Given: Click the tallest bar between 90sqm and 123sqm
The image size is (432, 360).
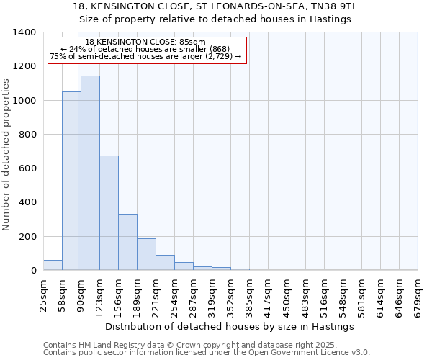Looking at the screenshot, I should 90,173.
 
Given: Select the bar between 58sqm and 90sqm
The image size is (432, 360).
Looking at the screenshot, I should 71,181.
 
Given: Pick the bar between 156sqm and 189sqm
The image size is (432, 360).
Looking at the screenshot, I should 127,242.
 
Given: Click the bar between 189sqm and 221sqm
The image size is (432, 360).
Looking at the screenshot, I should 146,254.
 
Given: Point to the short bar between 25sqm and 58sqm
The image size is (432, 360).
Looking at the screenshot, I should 53,265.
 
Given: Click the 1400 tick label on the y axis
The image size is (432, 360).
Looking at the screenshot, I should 24,32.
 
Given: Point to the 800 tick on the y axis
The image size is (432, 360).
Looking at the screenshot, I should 27,135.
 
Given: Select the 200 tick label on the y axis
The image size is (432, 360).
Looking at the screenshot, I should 27,237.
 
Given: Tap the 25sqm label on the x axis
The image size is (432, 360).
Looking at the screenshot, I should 43,296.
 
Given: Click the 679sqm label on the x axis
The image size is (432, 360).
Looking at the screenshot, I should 418,296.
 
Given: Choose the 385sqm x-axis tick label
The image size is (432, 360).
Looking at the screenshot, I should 249,296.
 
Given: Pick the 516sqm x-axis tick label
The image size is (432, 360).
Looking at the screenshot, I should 324,296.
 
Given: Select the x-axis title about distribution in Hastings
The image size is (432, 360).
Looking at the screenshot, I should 230,326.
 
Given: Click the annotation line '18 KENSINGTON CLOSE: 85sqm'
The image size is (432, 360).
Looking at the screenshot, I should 145,42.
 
